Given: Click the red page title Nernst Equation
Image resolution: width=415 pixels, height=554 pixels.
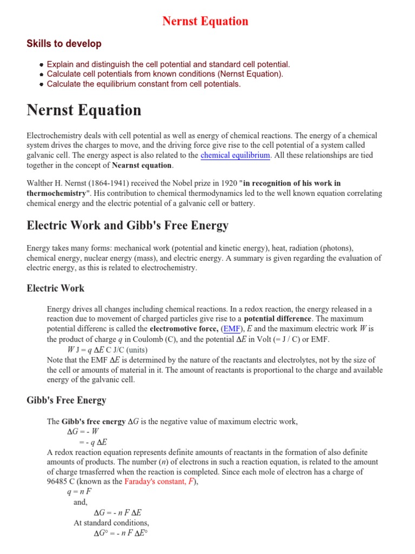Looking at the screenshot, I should (x=205, y=21).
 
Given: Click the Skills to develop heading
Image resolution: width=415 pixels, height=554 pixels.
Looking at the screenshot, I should (x=64, y=44).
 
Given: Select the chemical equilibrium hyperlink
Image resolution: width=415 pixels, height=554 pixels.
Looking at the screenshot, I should (x=235, y=155).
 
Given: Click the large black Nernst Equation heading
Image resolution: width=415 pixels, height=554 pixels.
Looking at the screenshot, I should (x=84, y=110).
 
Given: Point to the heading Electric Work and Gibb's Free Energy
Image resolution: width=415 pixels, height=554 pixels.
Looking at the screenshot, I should (x=128, y=226).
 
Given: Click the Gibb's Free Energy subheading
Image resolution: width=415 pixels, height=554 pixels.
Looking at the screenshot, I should (x=66, y=400).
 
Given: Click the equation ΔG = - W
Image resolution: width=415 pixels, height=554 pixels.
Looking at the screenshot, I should (x=83, y=431).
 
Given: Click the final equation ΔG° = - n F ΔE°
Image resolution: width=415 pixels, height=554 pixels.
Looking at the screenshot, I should (x=121, y=533).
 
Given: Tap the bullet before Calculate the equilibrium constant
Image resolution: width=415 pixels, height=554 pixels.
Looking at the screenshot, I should (x=41, y=84).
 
